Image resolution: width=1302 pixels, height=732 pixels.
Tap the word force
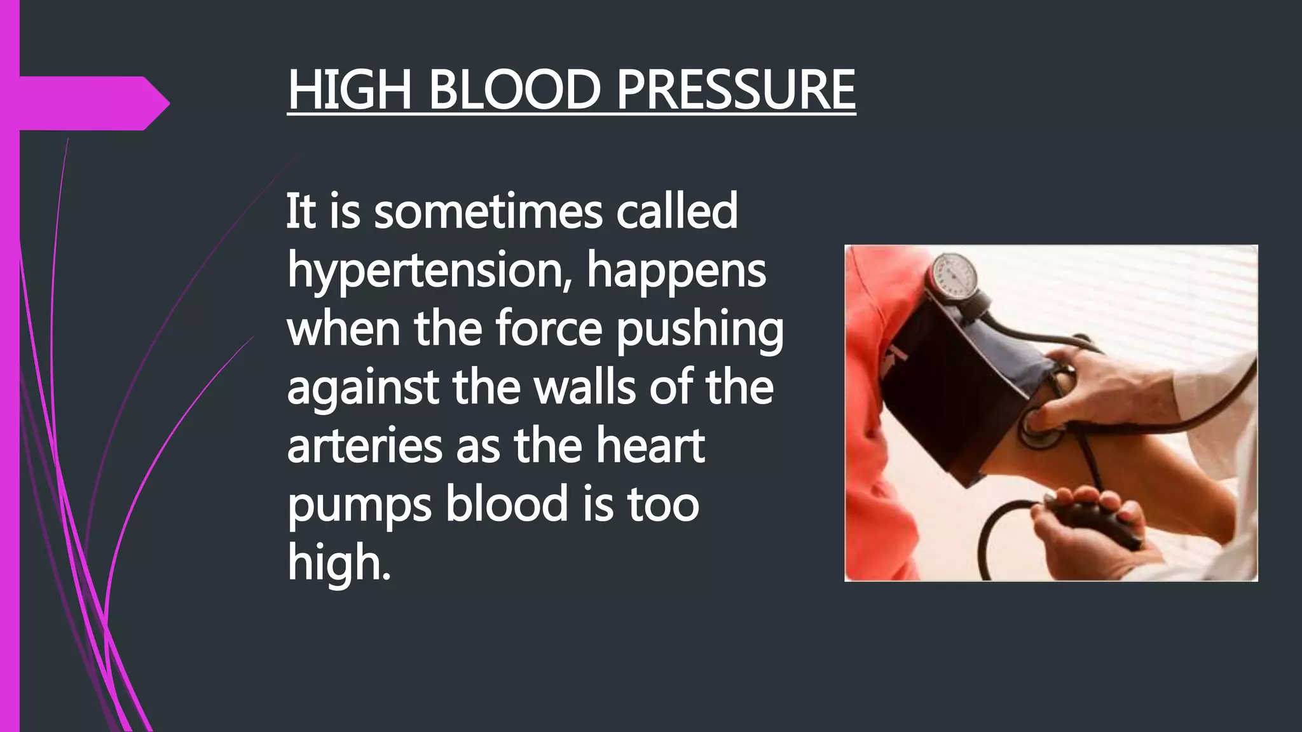[x=548, y=329]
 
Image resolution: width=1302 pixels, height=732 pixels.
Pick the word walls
[x=584, y=388]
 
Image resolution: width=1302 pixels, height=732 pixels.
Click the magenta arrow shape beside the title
[x=89, y=103]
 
